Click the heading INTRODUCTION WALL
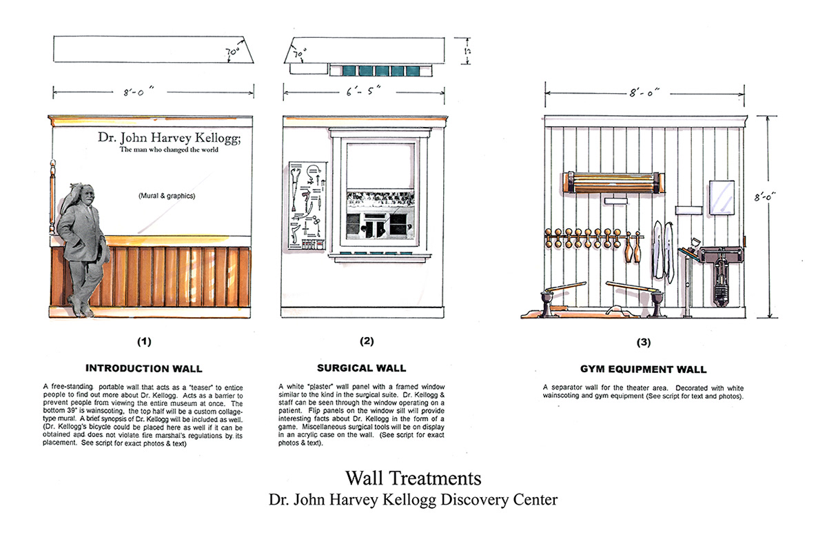[143, 368]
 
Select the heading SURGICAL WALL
[361, 368]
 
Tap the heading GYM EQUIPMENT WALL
[642, 370]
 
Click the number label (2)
[366, 341]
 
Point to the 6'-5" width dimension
[362, 91]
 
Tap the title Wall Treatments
[413, 477]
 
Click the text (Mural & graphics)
[166, 196]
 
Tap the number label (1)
[143, 341]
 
